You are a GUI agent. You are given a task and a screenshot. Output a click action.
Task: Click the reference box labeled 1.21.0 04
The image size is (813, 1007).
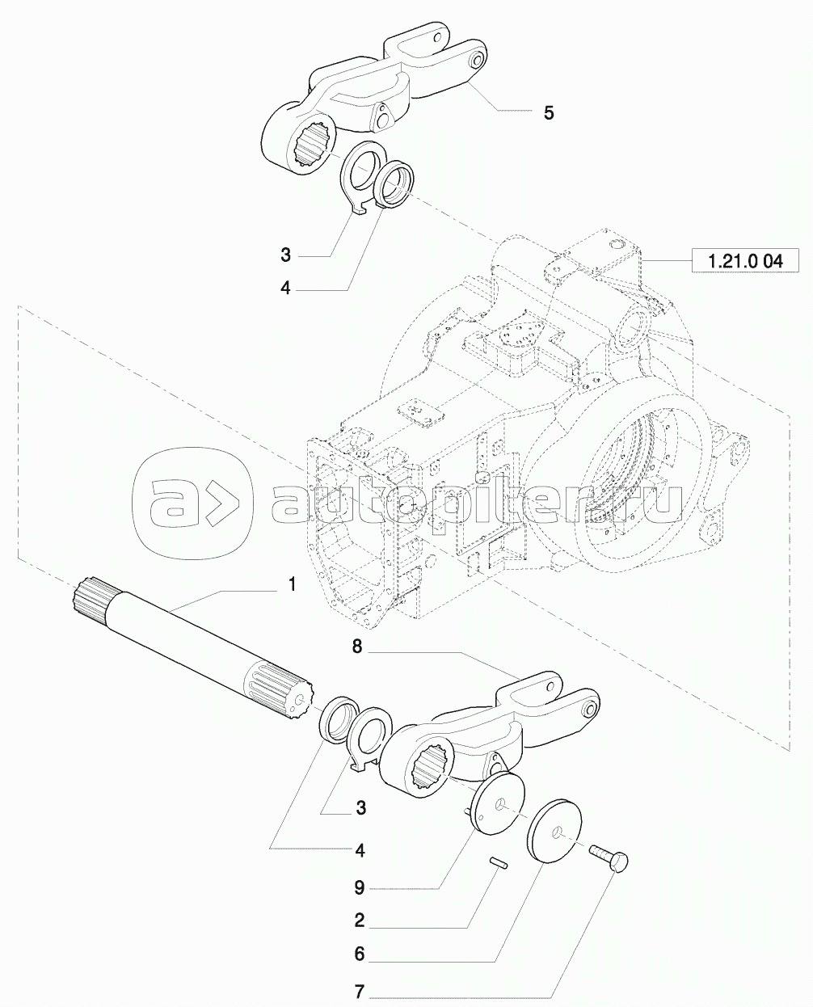(745, 260)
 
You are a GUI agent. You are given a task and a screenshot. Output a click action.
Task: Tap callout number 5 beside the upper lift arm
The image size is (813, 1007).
(548, 112)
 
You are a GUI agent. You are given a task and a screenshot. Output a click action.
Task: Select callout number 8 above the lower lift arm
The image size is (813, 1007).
(357, 647)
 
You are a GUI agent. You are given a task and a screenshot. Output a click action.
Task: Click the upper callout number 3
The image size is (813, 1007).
(285, 255)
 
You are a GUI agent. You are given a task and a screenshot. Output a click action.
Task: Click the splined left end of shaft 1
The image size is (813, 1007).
(91, 600)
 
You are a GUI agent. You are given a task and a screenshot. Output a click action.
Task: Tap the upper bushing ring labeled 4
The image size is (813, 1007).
(396, 183)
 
